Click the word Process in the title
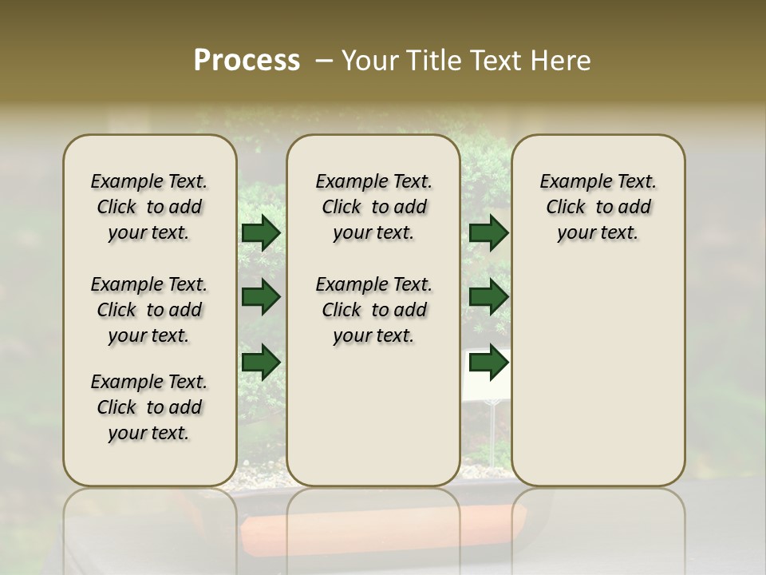(247, 61)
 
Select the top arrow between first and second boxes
(261, 232)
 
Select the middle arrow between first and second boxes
(261, 298)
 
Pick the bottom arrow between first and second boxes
(261, 363)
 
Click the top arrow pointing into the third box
(488, 232)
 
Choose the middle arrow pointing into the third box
(488, 298)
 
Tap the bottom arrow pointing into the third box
(488, 363)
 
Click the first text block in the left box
(149, 207)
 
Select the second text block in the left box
(149, 310)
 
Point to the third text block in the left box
(149, 407)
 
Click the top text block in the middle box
(373, 207)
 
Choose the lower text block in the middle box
(373, 310)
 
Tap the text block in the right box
(598, 207)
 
